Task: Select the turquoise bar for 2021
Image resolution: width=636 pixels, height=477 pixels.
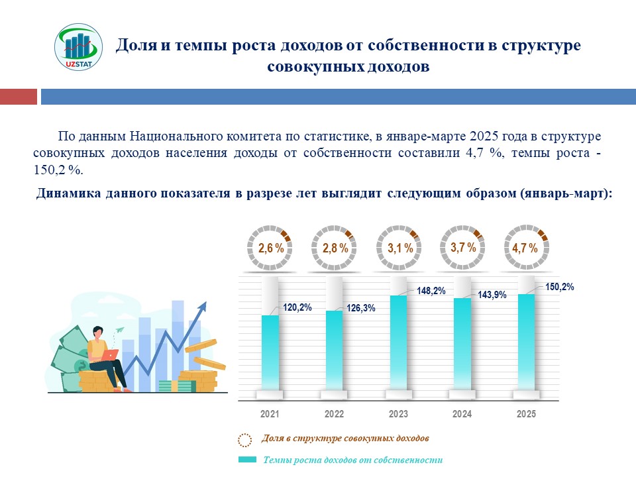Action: coord(270,351)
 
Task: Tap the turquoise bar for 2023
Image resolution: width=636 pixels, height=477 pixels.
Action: coord(398,341)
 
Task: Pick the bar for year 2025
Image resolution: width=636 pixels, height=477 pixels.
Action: coord(526,341)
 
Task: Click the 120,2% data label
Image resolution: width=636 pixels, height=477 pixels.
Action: coord(297,307)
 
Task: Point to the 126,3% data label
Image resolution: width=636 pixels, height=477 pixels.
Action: coord(361,308)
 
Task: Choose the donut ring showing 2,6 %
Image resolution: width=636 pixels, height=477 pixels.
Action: coord(270,248)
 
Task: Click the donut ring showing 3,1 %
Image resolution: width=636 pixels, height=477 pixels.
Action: coord(399,248)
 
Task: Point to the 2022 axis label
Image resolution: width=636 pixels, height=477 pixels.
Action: coord(334,414)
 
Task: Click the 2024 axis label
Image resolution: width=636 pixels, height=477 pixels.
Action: coord(462,414)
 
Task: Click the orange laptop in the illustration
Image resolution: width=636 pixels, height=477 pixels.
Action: coord(111,355)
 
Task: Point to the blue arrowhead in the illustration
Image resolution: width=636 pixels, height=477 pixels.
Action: coord(201,307)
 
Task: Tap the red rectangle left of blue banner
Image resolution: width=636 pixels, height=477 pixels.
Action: coord(18,97)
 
